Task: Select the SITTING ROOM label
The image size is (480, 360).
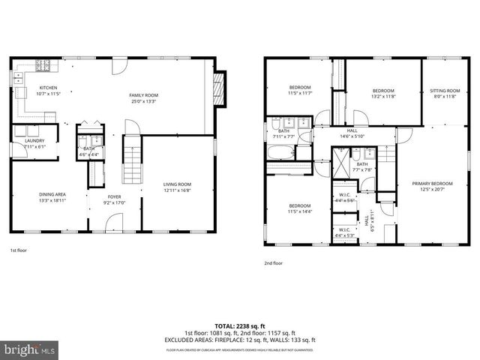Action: [444, 93]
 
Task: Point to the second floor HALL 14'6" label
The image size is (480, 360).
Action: [352, 133]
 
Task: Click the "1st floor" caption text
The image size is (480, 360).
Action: [19, 250]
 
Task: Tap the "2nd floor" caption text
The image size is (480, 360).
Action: [273, 263]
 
